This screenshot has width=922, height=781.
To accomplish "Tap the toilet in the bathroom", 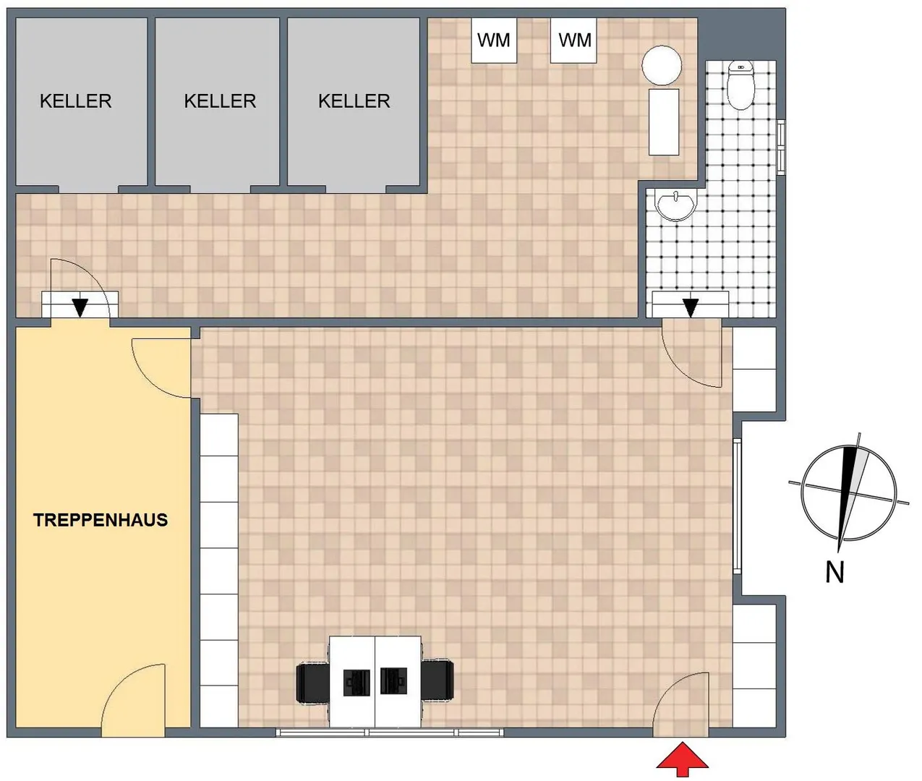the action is click(740, 85).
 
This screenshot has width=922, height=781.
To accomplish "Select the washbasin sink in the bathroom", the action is click(676, 204).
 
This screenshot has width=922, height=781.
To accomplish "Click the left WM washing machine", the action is click(494, 40).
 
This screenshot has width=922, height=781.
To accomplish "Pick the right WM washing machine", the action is click(573, 40).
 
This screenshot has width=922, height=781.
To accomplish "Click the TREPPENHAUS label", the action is click(101, 520).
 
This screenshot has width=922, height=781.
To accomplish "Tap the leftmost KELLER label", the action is click(76, 101).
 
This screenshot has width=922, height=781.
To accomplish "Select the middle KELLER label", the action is click(220, 101).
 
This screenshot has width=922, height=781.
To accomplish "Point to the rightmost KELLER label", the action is click(354, 101).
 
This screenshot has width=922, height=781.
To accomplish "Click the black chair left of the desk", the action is click(312, 683).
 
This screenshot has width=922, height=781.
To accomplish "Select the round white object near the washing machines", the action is click(662, 65).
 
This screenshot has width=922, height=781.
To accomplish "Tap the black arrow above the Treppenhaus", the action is click(80, 307).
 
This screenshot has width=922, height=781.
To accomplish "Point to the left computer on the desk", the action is click(357, 683).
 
